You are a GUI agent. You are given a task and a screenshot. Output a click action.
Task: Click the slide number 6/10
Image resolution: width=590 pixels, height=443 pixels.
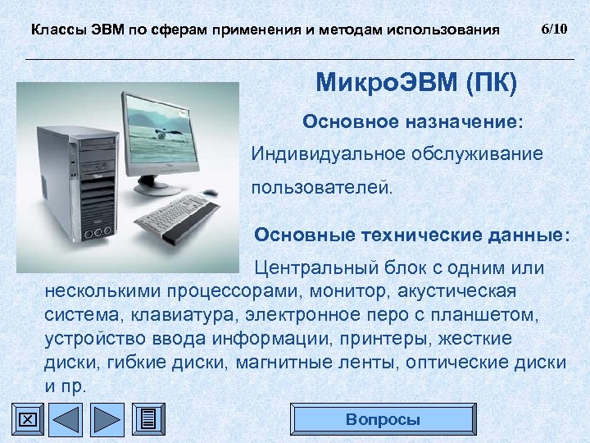[554, 29]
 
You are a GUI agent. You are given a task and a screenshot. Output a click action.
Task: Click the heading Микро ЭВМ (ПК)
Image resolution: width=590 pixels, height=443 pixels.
[416, 83]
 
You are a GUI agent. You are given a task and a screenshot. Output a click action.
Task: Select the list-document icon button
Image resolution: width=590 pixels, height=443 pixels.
[147, 419]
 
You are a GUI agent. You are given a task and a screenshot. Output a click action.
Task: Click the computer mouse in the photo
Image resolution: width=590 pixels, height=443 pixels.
[211, 193]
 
